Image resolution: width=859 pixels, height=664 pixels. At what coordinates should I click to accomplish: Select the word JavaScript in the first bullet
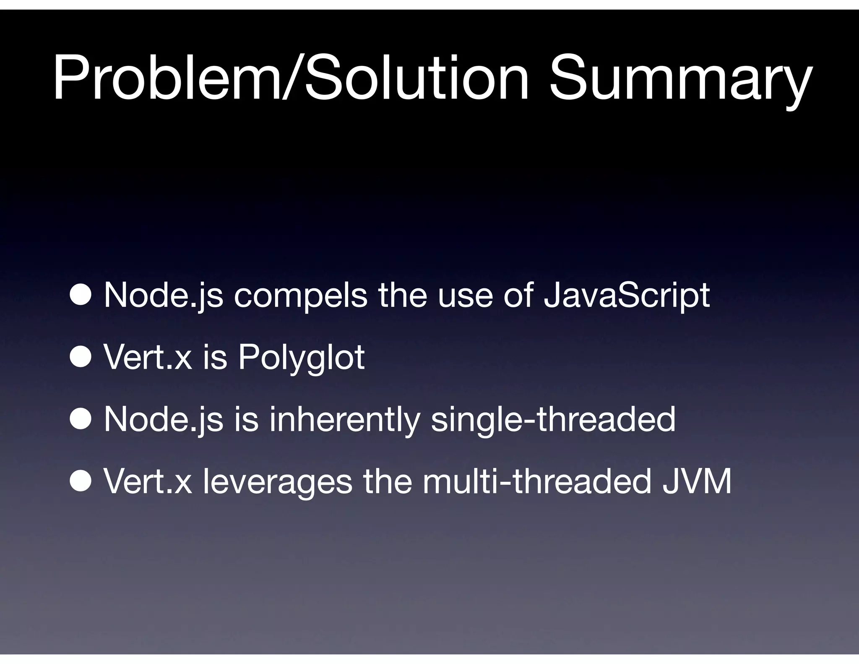[626, 295]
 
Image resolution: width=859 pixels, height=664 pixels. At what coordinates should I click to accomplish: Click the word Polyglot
[301, 358]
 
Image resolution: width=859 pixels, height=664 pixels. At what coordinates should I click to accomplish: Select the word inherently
[344, 419]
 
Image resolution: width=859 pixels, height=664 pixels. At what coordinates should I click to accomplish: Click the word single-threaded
[553, 419]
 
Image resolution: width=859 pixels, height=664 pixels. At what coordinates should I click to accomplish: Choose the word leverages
[277, 482]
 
